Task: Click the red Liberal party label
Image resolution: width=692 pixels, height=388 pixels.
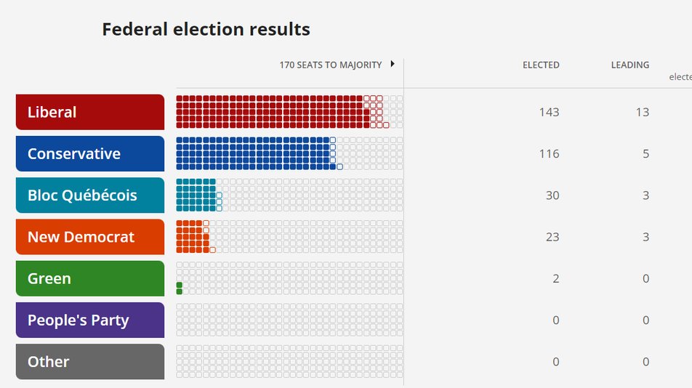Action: click(90, 112)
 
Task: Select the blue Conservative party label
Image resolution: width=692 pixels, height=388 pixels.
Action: click(90, 153)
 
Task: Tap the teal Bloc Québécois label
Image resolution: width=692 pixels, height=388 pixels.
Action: click(90, 195)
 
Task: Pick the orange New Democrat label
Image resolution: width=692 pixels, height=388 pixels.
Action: click(90, 237)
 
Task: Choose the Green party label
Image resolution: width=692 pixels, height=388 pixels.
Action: click(90, 278)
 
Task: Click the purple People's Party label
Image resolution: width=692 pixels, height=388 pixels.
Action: click(90, 320)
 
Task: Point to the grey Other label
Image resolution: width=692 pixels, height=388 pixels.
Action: click(90, 362)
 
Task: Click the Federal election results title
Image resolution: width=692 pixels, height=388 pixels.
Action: click(206, 30)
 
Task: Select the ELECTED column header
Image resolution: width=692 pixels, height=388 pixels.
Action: click(541, 65)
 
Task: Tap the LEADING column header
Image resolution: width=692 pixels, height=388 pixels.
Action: click(630, 65)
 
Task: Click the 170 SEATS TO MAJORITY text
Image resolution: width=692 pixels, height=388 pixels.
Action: click(331, 65)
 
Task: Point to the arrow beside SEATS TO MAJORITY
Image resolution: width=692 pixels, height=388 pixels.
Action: click(393, 64)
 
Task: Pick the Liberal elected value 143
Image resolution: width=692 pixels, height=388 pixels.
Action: click(549, 112)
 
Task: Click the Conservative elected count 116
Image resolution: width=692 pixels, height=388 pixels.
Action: click(549, 153)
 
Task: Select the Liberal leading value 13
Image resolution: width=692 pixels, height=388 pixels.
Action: click(643, 112)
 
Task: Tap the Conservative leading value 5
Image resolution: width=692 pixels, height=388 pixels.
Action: click(645, 153)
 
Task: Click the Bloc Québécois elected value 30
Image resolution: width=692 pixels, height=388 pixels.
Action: click(552, 195)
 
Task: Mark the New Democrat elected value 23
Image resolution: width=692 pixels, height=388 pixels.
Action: click(552, 237)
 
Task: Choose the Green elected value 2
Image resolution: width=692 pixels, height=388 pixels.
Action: click(556, 278)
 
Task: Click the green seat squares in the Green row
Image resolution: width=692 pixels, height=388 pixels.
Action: click(179, 288)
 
